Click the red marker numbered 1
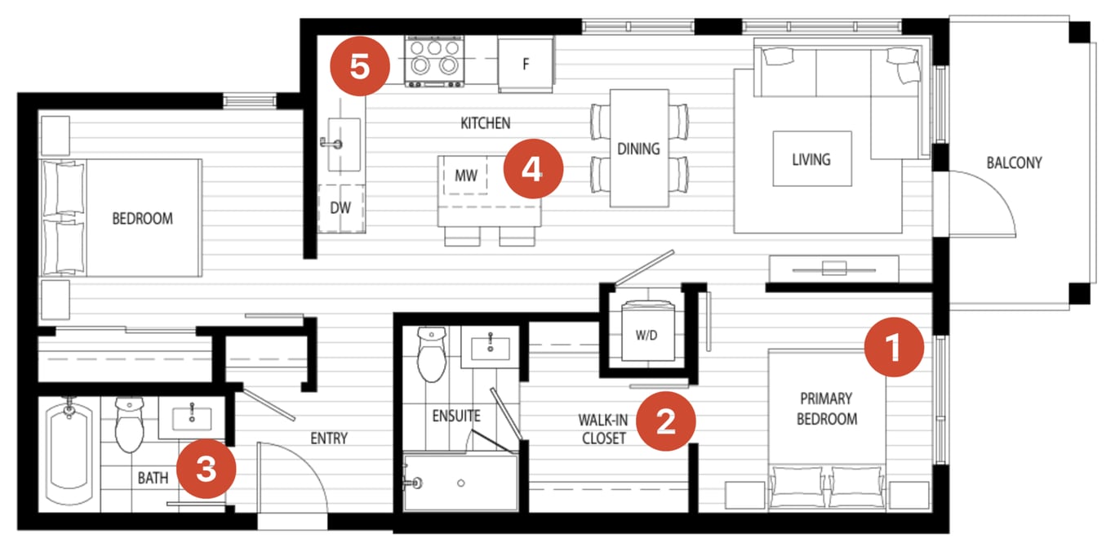(894, 347)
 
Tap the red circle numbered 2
(666, 421)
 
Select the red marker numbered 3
(206, 469)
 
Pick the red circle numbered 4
(533, 169)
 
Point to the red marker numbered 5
(360, 66)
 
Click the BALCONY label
(1014, 163)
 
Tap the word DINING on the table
(638, 149)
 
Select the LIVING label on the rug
(811, 159)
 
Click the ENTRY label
(329, 438)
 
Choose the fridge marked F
(526, 65)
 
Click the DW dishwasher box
(341, 208)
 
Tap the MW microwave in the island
(465, 176)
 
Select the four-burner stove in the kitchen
(434, 60)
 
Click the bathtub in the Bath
(69, 453)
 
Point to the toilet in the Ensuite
(432, 354)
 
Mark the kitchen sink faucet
(331, 144)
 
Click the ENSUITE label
(456, 416)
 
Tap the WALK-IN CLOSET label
(603, 430)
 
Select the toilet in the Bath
(130, 425)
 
